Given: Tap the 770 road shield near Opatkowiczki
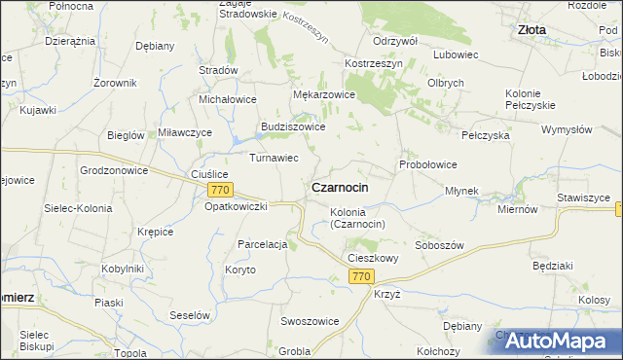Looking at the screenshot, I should point(221,190).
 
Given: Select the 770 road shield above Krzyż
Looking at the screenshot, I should point(360,277).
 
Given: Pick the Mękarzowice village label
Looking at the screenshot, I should point(324,95).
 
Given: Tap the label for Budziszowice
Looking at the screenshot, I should point(292,126).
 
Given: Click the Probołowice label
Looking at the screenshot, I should point(427,164).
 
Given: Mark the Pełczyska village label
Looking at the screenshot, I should point(486,136).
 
